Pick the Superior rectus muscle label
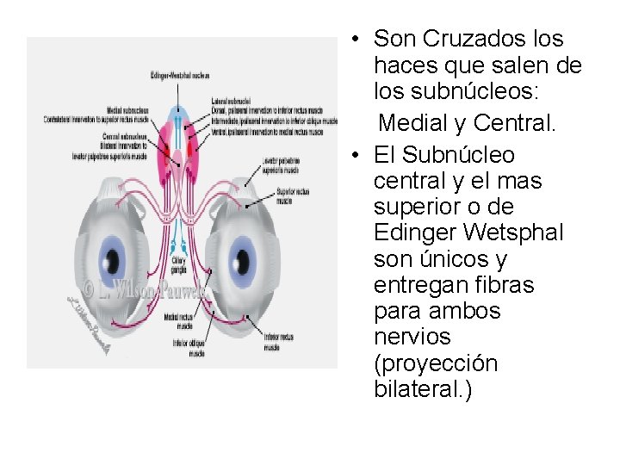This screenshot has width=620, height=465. coord(293,195)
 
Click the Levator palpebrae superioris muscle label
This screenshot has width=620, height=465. coord(282,165)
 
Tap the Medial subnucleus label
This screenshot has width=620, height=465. coord(127,109)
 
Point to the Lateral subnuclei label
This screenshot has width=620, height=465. coord(230,101)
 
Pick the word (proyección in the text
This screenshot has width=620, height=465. coord(436,363)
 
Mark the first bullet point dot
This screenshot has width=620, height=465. coord(353,40)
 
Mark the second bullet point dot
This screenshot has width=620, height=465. coord(353,156)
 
